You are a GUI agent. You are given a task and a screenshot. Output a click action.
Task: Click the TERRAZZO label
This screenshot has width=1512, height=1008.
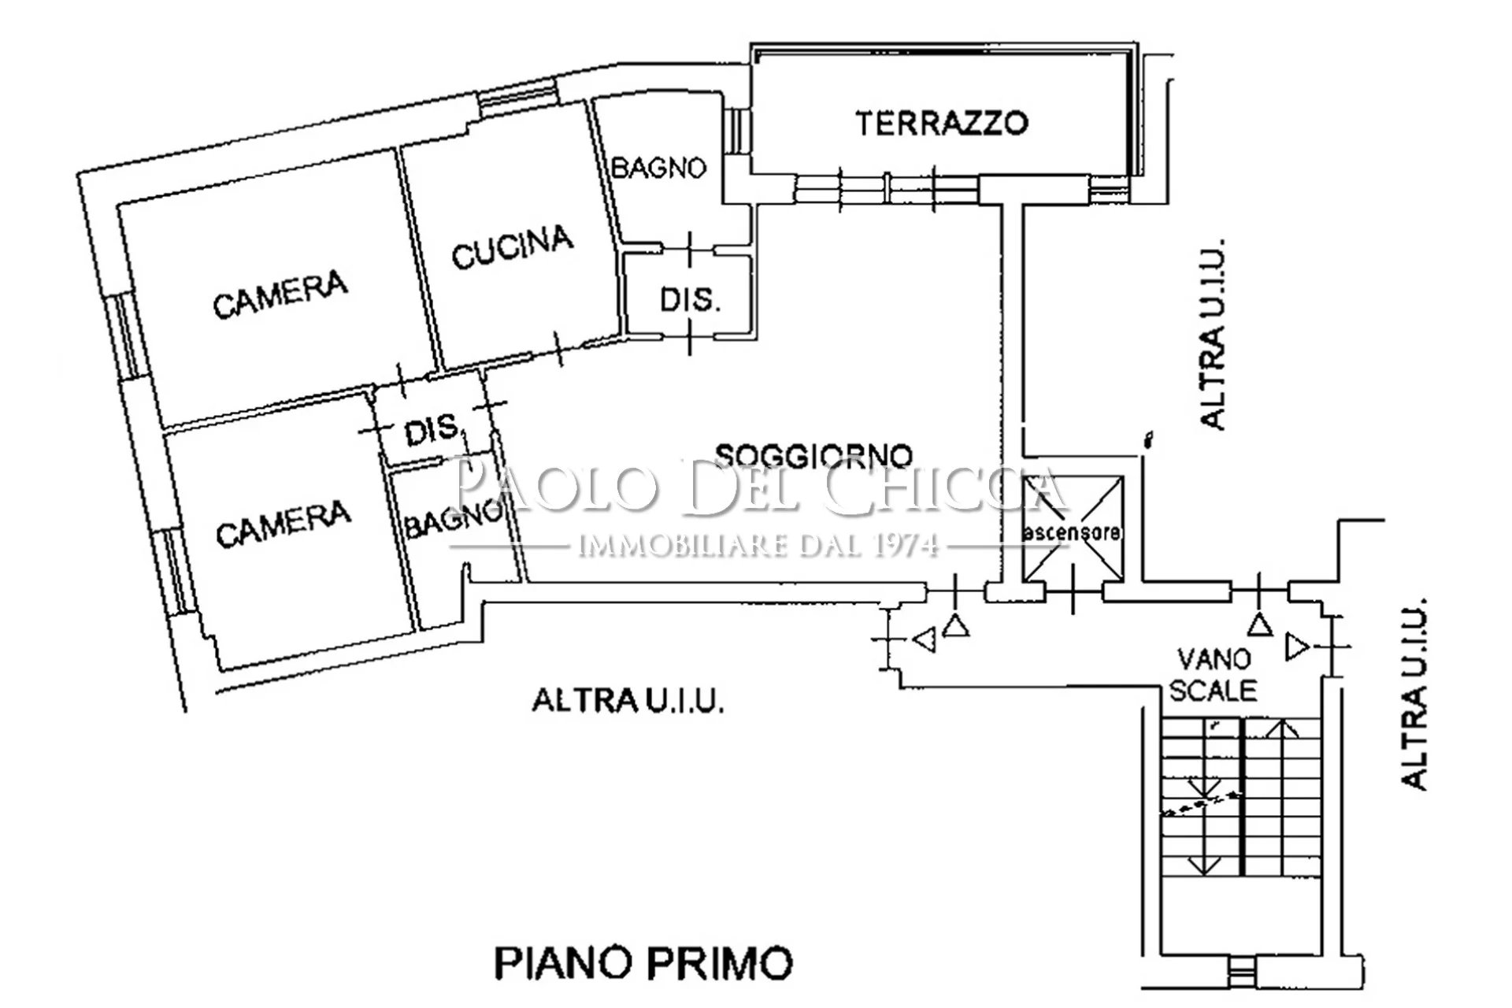pos(942,124)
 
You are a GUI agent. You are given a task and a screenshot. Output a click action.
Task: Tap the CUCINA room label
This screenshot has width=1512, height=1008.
pos(513,246)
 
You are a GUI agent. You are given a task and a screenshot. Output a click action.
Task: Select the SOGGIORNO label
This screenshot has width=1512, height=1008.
pos(814,455)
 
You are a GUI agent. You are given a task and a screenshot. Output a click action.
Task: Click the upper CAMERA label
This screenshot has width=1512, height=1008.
pos(280,295)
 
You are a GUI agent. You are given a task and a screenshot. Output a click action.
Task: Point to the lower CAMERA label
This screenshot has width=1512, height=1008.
pos(283,524)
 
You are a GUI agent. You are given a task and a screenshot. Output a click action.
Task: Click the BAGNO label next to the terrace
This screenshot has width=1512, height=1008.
pos(659,168)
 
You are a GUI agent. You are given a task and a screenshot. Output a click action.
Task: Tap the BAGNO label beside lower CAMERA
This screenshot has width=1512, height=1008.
pos(453,521)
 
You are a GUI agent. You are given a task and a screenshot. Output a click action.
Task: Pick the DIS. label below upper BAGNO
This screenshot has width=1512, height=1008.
pos(690,300)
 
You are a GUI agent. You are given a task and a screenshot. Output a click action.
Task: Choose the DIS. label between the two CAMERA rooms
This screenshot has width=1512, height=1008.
pos(432,430)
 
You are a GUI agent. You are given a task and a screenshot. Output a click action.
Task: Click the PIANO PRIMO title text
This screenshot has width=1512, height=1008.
pos(643,962)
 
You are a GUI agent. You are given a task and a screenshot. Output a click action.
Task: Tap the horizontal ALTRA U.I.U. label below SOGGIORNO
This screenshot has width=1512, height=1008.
pos(628,700)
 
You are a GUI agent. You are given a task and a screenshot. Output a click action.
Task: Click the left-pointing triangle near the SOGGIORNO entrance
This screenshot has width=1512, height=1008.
pos(925,639)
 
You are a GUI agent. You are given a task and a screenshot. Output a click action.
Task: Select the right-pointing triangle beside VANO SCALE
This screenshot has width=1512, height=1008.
pos(1298,648)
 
